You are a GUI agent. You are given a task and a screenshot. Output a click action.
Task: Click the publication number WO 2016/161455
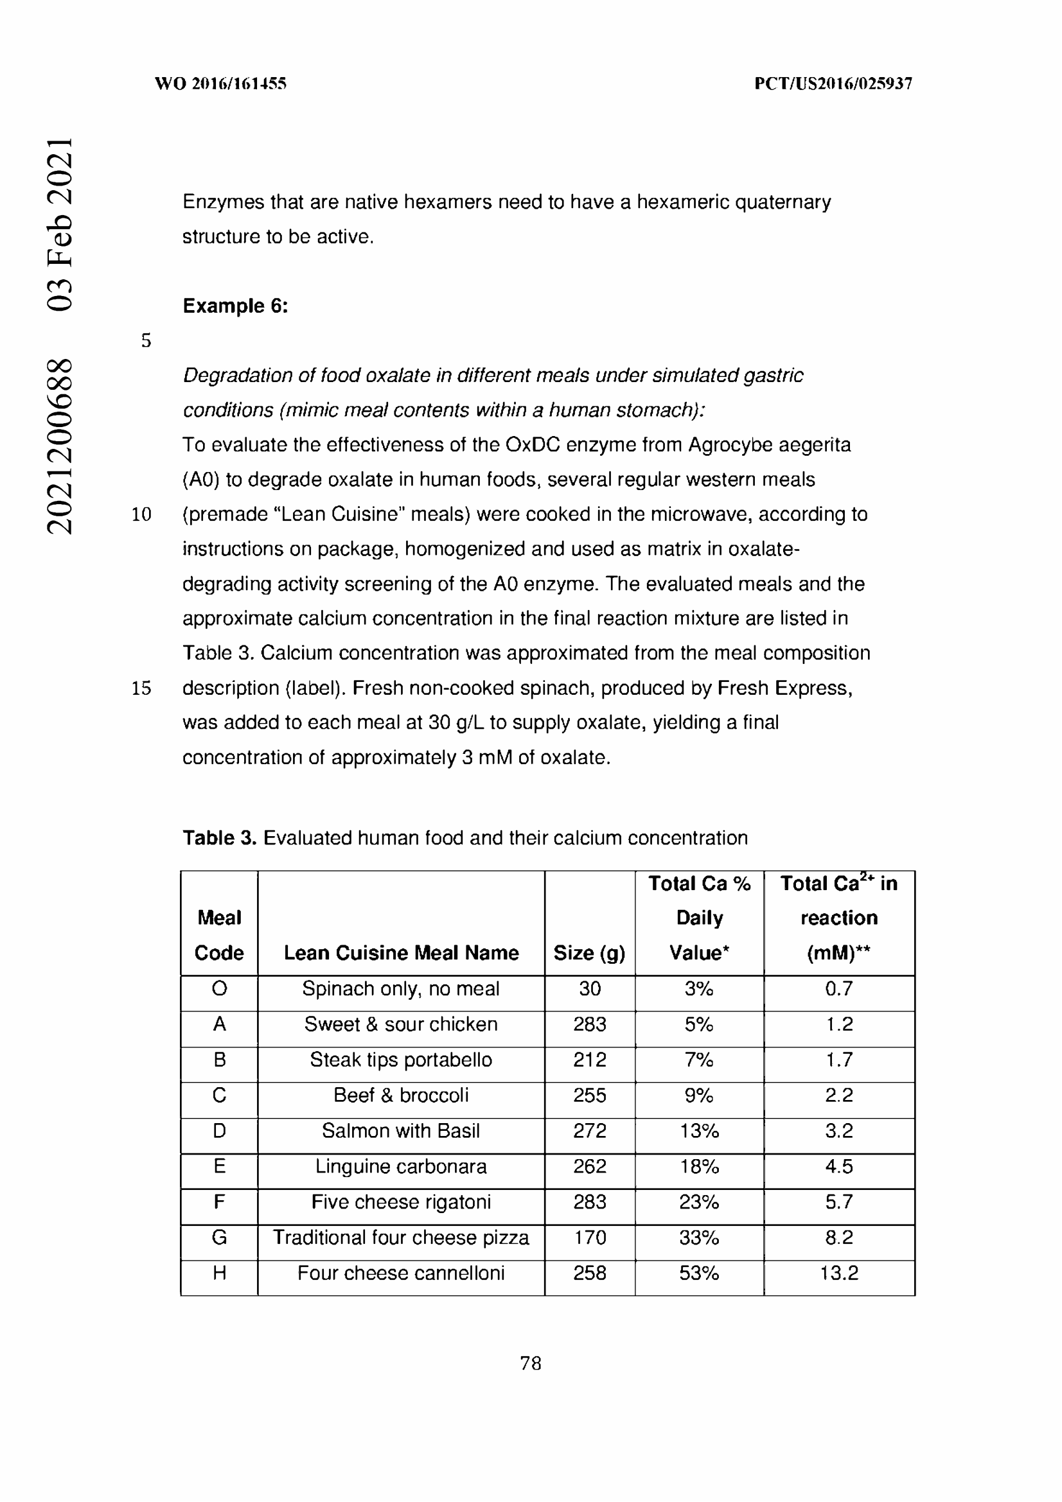pyautogui.click(x=220, y=83)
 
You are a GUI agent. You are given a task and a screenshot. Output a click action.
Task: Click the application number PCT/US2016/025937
pyautogui.click(x=833, y=83)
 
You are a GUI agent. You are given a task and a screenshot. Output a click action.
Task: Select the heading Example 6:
pyautogui.click(x=235, y=306)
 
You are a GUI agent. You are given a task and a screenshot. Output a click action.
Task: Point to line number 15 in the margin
pyautogui.click(x=141, y=688)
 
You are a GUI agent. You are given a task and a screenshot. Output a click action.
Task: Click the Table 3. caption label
pyautogui.click(x=219, y=838)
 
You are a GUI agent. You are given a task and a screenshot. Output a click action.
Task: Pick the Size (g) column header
pyautogui.click(x=589, y=952)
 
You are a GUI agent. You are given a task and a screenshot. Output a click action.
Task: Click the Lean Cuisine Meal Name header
pyautogui.click(x=401, y=952)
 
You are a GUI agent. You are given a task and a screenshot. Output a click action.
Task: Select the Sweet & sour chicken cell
pyautogui.click(x=401, y=1024)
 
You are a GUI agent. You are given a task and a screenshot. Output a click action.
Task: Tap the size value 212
pyautogui.click(x=590, y=1060)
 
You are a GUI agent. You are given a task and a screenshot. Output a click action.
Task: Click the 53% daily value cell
pyautogui.click(x=699, y=1273)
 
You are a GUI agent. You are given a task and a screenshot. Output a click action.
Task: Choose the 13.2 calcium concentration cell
pyautogui.click(x=839, y=1273)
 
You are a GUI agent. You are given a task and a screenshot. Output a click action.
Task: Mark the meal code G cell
pyautogui.click(x=219, y=1237)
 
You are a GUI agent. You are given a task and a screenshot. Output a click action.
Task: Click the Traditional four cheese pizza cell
pyautogui.click(x=401, y=1237)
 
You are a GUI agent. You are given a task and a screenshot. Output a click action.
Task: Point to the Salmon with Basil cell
pyautogui.click(x=401, y=1131)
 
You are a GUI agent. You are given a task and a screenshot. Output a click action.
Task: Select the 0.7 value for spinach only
pyautogui.click(x=839, y=988)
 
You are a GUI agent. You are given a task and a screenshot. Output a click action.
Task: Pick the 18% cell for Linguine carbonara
pyautogui.click(x=699, y=1166)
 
